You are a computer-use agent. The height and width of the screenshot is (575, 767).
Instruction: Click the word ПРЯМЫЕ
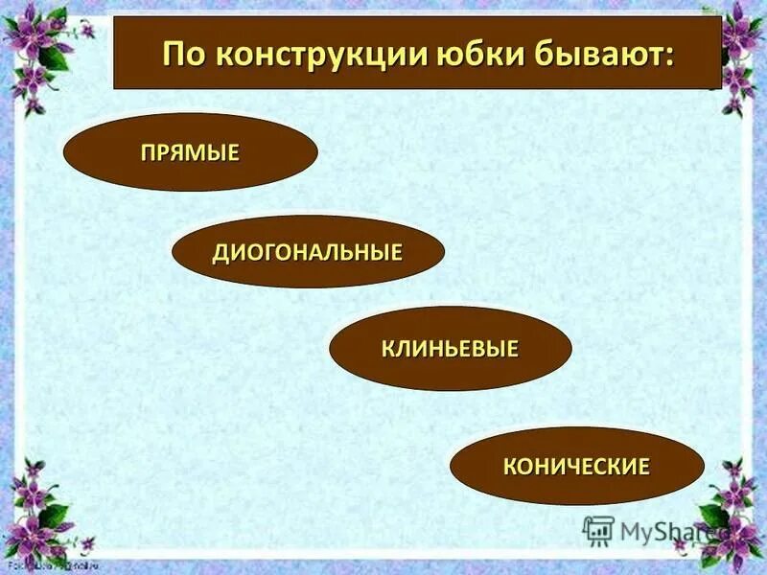pos(190,152)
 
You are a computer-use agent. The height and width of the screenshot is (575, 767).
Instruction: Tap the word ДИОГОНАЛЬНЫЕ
pos(307,253)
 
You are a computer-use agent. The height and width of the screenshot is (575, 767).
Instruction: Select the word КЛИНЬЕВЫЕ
pos(450,349)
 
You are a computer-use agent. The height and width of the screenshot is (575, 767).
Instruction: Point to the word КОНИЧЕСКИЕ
pos(576,467)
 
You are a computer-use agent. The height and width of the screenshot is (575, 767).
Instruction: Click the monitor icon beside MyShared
pos(598,531)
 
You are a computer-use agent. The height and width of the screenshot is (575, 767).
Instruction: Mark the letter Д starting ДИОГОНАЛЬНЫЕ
pos(219,254)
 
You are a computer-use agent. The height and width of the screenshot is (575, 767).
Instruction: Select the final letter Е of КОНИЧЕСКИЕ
pos(644,467)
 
